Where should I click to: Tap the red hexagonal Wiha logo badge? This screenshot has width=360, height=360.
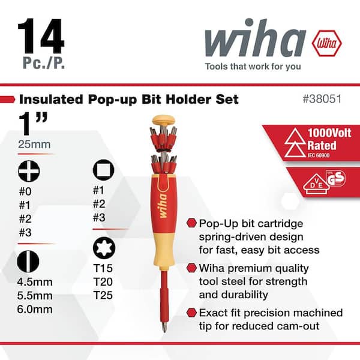pos(326,43)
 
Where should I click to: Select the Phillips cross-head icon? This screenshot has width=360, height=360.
pos(28,170)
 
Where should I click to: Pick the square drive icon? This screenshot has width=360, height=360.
pos(103,170)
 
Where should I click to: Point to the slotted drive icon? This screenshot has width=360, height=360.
pos(28,262)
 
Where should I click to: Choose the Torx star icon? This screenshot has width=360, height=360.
pos(103,247)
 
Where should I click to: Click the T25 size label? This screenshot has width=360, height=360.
pos(104,295)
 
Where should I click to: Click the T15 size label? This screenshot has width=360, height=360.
pos(104,268)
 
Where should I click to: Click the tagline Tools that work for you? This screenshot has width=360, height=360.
pos(253,67)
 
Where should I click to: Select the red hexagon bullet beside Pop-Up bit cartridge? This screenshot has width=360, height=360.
pos(191,223)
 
